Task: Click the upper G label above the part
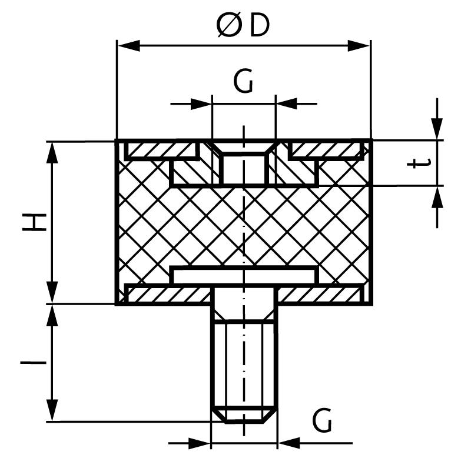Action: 243,83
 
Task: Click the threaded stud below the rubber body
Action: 243,364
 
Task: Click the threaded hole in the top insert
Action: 243,168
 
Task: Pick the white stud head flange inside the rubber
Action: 243,275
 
